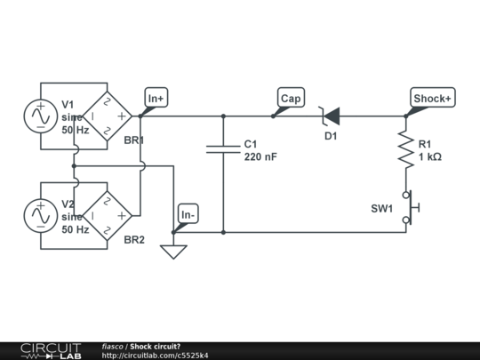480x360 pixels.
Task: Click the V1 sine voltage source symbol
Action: (x=41, y=116)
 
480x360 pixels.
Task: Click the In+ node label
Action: (x=156, y=98)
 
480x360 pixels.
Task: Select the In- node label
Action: (x=188, y=214)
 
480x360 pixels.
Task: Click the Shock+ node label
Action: (x=432, y=98)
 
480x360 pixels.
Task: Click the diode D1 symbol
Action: (x=330, y=116)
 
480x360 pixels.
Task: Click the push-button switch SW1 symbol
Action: (x=410, y=208)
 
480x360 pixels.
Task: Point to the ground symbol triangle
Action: (x=173, y=252)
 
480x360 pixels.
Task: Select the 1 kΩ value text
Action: (x=429, y=156)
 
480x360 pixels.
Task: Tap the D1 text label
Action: (x=331, y=136)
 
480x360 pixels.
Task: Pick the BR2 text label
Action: (x=133, y=240)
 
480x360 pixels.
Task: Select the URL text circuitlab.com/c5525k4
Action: (x=156, y=356)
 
